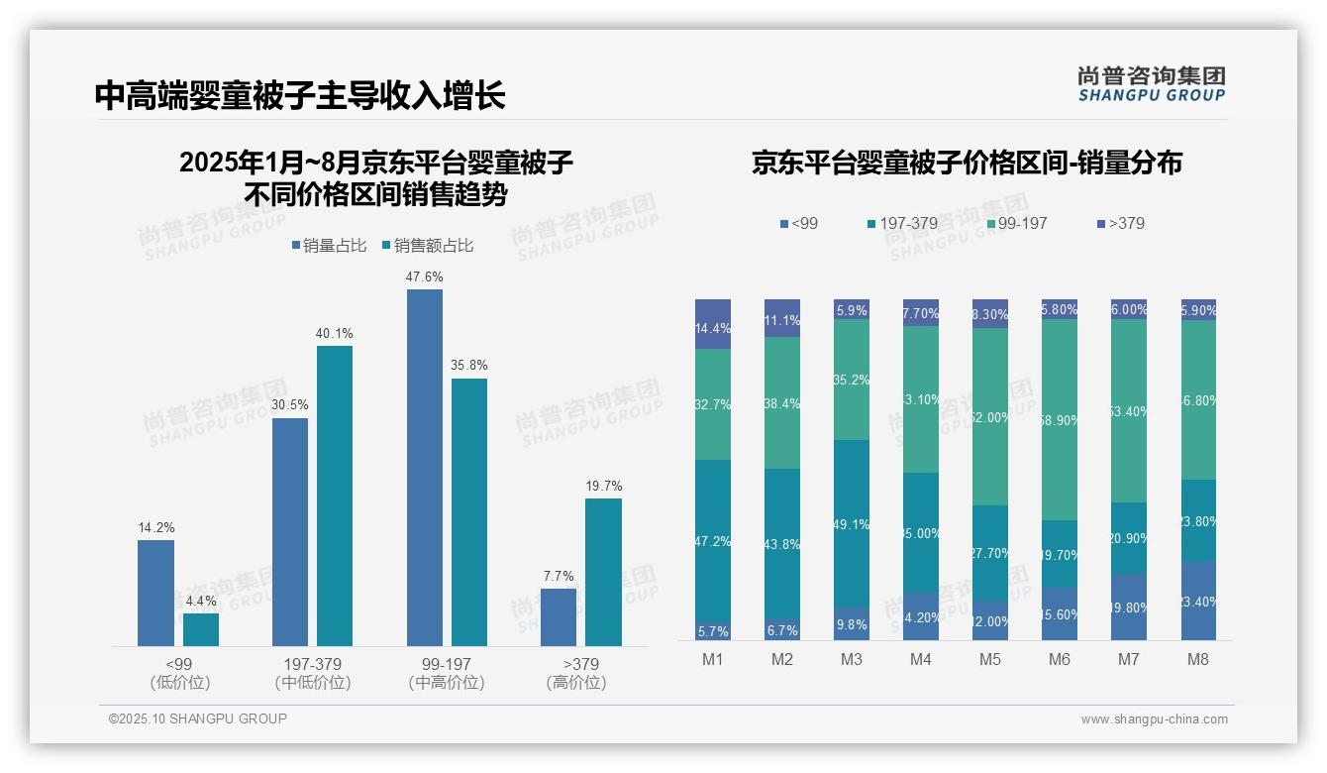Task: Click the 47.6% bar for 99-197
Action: [x=425, y=468]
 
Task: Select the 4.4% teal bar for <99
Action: [x=201, y=630]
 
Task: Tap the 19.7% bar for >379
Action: [x=603, y=572]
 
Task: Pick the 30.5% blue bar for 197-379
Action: [x=290, y=532]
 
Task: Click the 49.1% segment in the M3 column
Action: [x=852, y=523]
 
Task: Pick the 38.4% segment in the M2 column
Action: [x=782, y=402]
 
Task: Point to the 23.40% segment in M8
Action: [x=1198, y=601]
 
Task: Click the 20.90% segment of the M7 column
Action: [x=1129, y=538]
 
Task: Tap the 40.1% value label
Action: [x=335, y=333]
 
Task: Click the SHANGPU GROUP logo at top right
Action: [x=1151, y=84]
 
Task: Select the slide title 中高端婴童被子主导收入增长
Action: [x=300, y=95]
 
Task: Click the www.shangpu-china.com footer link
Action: [x=1154, y=719]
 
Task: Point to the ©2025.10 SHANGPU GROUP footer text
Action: [x=198, y=718]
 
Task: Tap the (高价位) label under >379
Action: [x=575, y=683]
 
